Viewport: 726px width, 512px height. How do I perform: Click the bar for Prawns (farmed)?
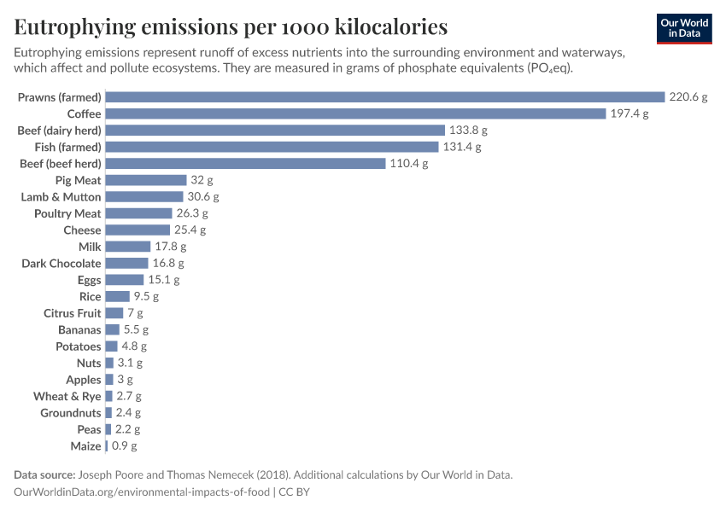(x=384, y=97)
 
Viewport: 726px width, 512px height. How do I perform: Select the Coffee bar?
(x=355, y=113)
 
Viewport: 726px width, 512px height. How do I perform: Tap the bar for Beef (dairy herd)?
(x=275, y=131)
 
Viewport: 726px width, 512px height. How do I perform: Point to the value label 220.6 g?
(x=688, y=97)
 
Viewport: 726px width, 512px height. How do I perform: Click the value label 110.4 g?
(x=409, y=164)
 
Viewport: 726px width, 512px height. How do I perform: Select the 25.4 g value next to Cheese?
(x=190, y=230)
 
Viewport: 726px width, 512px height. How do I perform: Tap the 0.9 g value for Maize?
(x=122, y=446)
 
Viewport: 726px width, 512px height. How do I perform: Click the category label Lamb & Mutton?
(x=61, y=197)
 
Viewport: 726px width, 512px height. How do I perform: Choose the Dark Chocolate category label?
(x=61, y=264)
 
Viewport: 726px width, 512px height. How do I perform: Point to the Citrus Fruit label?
(x=73, y=313)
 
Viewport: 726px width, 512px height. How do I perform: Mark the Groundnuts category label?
(x=71, y=413)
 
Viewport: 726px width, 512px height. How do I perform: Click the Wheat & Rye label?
(x=67, y=397)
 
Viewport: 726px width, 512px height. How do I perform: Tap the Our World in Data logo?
(x=684, y=27)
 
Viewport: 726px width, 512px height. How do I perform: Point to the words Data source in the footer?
(x=44, y=475)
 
